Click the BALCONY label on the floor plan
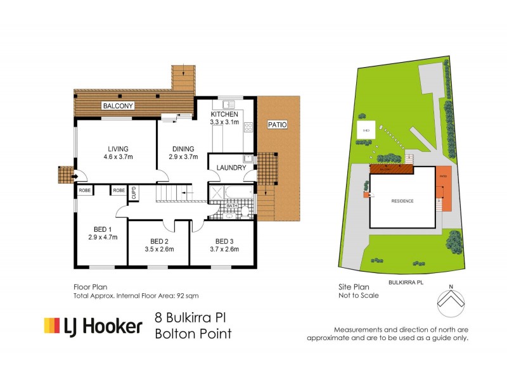pyautogui.click(x=118, y=106)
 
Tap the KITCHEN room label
pyautogui.click(x=224, y=114)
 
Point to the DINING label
pyautogui.click(x=181, y=149)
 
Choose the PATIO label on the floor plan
pyautogui.click(x=277, y=125)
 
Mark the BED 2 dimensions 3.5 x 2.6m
pyautogui.click(x=159, y=249)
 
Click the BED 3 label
pyautogui.click(x=224, y=241)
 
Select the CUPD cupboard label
pyautogui.click(x=134, y=193)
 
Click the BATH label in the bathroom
pyautogui.click(x=232, y=206)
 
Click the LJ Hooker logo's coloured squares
pyautogui.click(x=51, y=326)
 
